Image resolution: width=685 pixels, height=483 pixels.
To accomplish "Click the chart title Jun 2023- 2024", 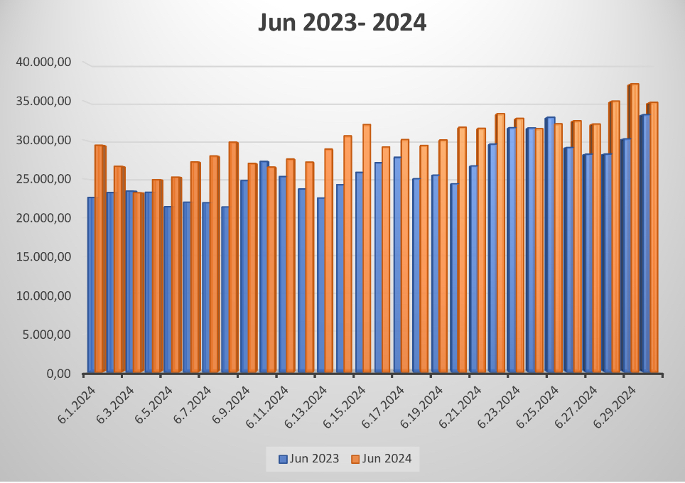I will pyautogui.click(x=342, y=23).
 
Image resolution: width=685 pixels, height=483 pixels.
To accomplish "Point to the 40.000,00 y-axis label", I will pyautogui.click(x=45, y=63).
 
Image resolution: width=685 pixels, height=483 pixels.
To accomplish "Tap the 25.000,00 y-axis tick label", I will pyautogui.click(x=45, y=179).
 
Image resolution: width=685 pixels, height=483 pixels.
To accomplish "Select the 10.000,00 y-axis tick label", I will pyautogui.click(x=45, y=295).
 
